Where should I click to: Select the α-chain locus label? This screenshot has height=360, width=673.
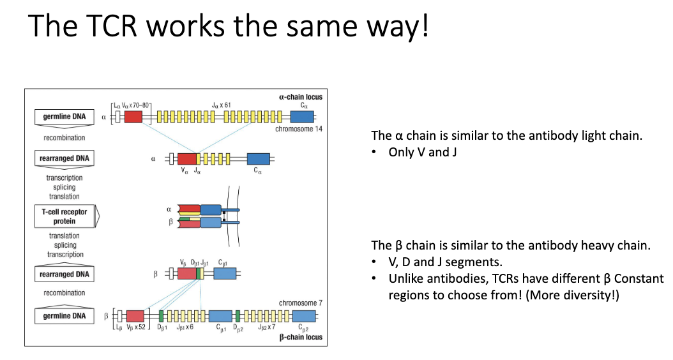point(300,97)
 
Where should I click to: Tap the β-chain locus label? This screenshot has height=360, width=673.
point(300,336)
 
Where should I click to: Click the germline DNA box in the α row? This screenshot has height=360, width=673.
point(60,117)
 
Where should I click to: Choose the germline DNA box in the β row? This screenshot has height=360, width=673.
point(60,316)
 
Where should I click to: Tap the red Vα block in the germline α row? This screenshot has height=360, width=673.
point(133,117)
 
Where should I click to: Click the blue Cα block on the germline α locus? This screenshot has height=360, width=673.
point(302,117)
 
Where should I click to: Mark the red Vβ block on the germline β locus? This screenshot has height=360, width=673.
point(135,316)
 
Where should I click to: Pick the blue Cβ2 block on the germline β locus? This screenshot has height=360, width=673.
point(304,316)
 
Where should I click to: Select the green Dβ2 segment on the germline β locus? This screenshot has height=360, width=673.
point(238,316)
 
